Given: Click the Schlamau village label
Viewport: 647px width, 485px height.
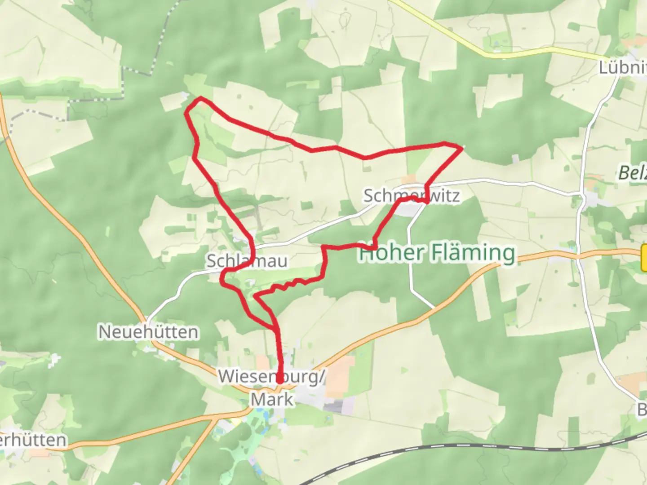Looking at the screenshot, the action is tap(247, 261).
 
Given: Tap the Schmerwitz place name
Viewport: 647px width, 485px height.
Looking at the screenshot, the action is tap(411, 196).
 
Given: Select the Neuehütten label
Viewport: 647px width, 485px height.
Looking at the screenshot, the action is tap(148, 332).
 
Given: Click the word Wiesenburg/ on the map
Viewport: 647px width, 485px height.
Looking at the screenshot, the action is tap(271, 377).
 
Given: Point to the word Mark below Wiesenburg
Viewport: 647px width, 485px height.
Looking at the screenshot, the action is tap(272, 399).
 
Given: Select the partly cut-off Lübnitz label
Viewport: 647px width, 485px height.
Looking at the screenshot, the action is tap(622, 68).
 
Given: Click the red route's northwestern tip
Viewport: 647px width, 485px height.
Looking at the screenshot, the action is tap(200, 98).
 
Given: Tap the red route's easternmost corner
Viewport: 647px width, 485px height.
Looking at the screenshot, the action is tap(461, 147).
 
